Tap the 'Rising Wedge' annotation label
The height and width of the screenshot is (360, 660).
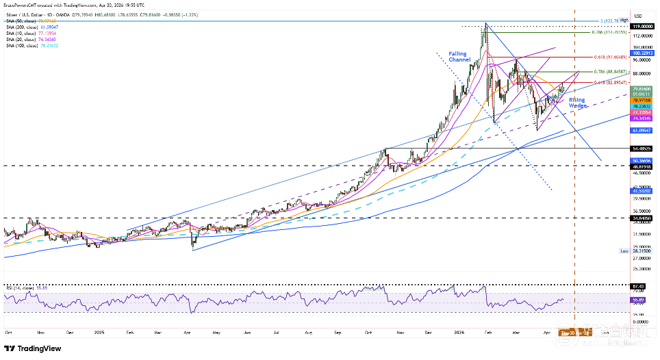578,103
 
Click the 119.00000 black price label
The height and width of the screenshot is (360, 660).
642,25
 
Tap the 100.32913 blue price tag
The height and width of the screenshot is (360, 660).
642,52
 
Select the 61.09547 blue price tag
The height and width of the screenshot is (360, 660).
642,129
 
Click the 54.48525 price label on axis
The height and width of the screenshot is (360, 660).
642,148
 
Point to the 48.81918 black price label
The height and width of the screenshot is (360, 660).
642,166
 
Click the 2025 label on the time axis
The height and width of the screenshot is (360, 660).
100,331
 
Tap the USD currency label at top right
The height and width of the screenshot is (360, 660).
638,15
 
